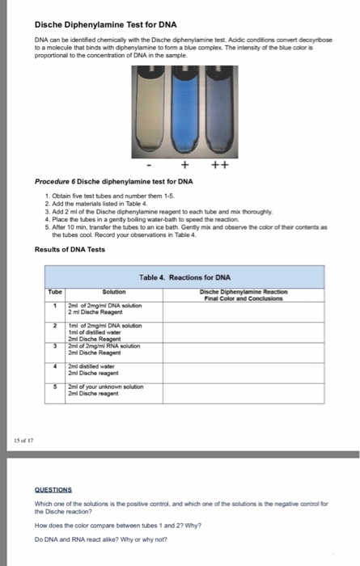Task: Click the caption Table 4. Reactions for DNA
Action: coord(180,277)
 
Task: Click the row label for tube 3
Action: coord(54,345)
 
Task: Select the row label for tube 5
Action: coord(54,386)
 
